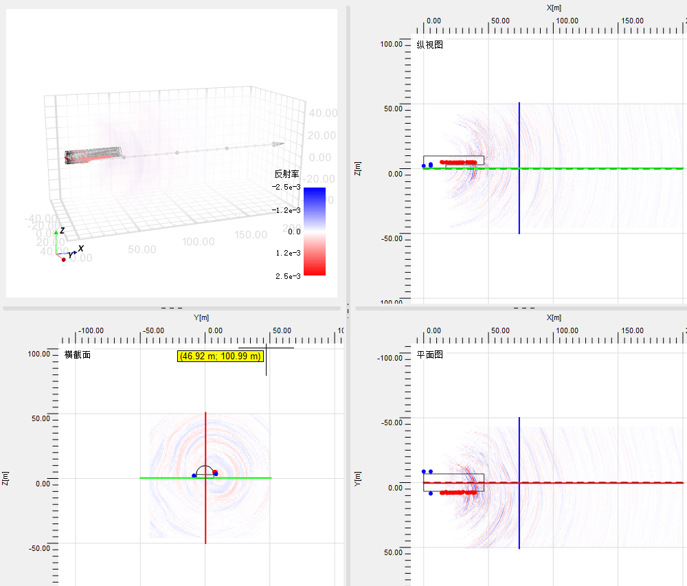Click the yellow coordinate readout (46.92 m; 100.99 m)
pyautogui.click(x=221, y=357)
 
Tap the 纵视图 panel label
pyautogui.click(x=430, y=45)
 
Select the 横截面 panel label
pyautogui.click(x=77, y=355)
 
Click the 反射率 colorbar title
pyautogui.click(x=287, y=174)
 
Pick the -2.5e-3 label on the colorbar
pyautogui.click(x=287, y=187)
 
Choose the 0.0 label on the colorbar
pyautogui.click(x=293, y=232)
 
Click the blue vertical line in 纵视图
pyautogui.click(x=519, y=206)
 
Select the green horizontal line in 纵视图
pyautogui.click(x=584, y=168)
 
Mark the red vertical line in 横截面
pyautogui.click(x=205, y=508)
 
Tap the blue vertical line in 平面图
pyautogui.click(x=519, y=522)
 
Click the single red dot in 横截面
pyautogui.click(x=215, y=472)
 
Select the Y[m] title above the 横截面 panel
pyautogui.click(x=201, y=317)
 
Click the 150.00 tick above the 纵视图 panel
pyautogui.click(x=632, y=21)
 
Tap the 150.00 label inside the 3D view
pyautogui.click(x=251, y=235)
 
